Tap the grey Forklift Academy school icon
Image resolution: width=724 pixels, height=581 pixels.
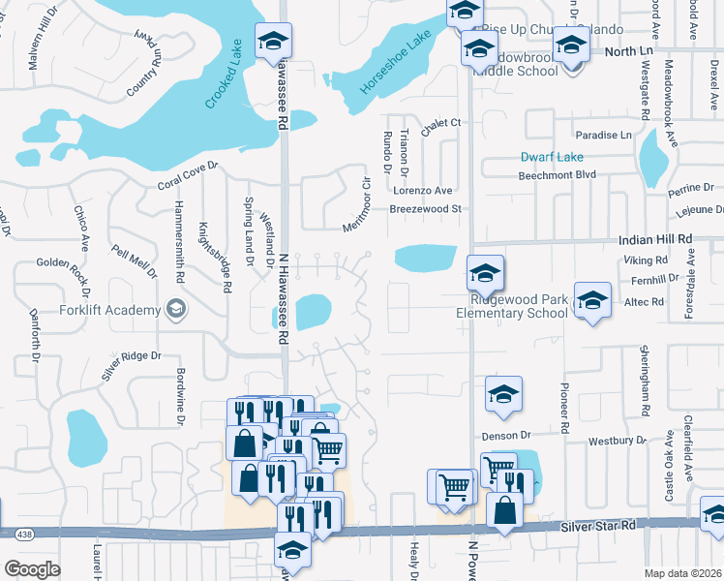click(175, 309)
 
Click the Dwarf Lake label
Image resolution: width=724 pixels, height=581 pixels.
click(552, 157)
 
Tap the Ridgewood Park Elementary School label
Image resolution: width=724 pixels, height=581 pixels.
click(512, 306)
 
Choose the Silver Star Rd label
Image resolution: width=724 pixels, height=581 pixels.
click(601, 524)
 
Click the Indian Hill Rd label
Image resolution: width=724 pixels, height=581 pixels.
click(656, 238)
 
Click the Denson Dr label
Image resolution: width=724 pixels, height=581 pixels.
click(506, 437)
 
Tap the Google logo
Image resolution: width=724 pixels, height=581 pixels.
click(32, 568)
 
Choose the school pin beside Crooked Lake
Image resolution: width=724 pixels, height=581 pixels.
click(273, 42)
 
